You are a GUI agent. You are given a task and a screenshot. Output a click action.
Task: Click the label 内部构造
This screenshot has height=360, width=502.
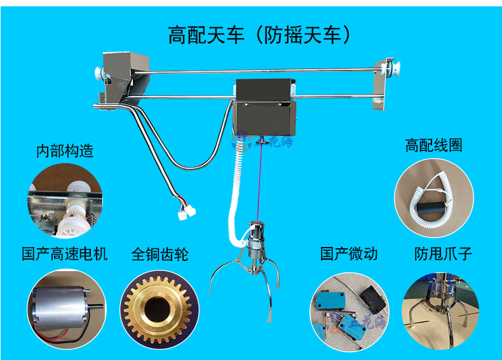(x=64, y=150)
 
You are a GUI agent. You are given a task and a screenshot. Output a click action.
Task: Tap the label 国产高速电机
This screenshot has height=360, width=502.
(x=64, y=255)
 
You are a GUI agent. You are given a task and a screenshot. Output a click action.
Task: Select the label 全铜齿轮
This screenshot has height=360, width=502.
(x=159, y=255)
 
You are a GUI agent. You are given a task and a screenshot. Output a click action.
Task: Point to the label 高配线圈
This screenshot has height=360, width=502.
(x=433, y=145)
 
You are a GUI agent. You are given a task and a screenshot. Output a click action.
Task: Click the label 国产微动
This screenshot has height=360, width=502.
(x=348, y=254)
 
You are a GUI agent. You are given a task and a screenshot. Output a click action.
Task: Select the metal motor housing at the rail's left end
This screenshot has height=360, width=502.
(x=123, y=76)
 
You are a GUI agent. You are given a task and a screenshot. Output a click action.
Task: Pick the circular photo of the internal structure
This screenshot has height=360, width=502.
(x=64, y=200)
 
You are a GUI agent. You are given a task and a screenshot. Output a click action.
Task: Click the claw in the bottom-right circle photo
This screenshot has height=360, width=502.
(x=438, y=305)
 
